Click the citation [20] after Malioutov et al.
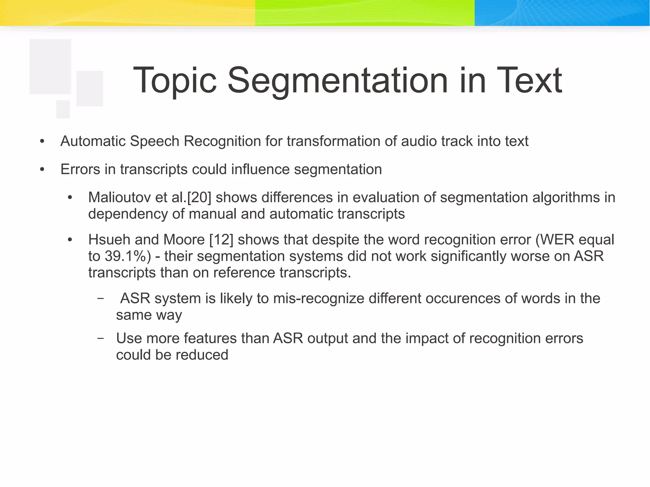[199, 198]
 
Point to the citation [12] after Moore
[221, 240]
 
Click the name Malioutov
[119, 198]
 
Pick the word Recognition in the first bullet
[222, 141]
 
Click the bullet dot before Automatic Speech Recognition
[42, 141]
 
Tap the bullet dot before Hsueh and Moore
[70, 240]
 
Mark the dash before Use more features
[100, 339]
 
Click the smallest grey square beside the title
[63, 109]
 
